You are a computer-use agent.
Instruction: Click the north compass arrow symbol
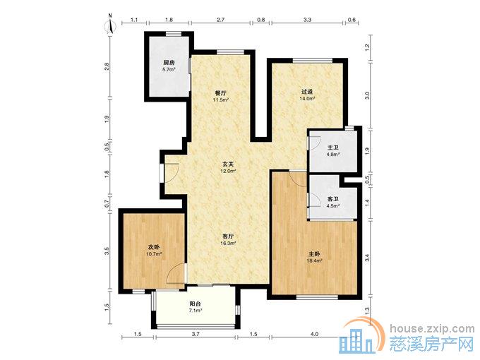[111, 26]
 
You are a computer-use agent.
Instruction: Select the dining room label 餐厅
[221, 92]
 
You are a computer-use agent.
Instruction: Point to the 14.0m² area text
[307, 99]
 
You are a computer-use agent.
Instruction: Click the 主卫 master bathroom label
[333, 148]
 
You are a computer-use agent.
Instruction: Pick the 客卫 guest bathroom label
[333, 199]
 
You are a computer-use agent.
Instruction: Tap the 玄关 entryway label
[228, 164]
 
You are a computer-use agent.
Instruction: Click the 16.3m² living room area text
[228, 244]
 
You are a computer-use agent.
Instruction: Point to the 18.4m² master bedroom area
[314, 260]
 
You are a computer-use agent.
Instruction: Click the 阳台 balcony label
[195, 304]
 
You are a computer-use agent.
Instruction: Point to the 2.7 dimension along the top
[221, 20]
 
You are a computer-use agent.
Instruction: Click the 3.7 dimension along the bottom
[196, 335]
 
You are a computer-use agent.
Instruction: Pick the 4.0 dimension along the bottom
[314, 335]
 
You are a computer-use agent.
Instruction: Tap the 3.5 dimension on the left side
[107, 251]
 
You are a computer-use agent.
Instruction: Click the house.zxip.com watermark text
[432, 329]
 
